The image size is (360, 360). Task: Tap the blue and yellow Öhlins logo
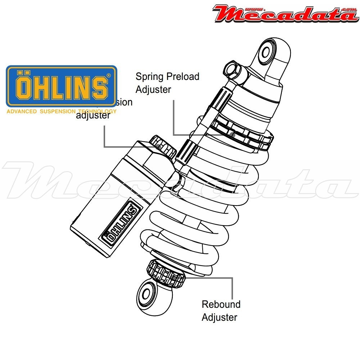pos(62,86)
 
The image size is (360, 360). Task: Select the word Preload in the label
pos(183,77)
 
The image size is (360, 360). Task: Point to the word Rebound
pos(221,304)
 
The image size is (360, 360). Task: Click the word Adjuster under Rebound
pos(219,318)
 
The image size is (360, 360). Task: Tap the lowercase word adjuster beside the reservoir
pos(93,115)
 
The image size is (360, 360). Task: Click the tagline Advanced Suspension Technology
pos(62,112)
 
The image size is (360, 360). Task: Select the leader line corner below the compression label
pos(104,147)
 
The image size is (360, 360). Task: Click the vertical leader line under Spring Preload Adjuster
pos(174,117)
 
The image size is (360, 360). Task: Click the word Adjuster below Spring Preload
pos(153,89)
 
